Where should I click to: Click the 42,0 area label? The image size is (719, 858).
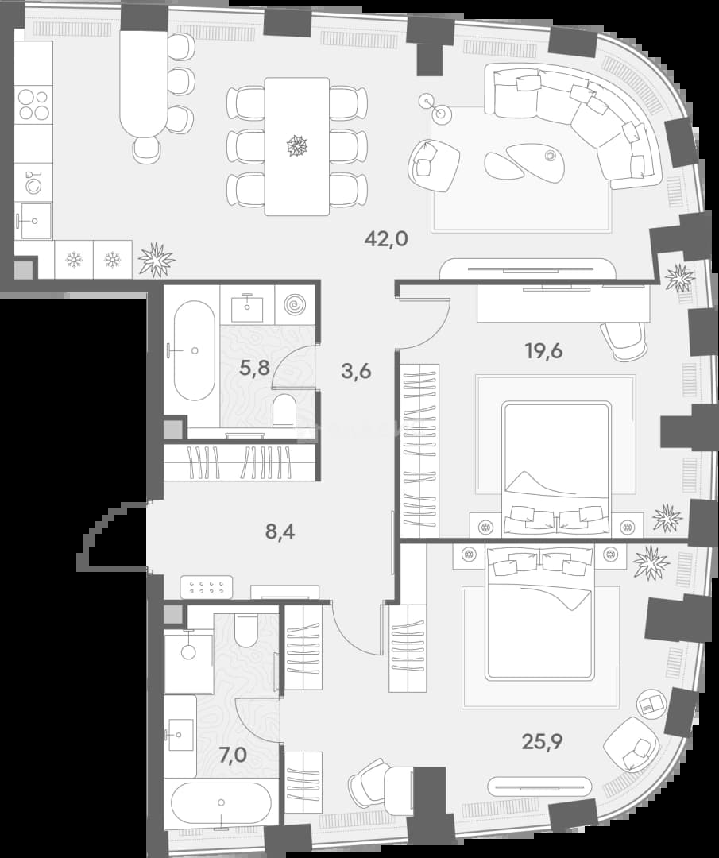click(x=386, y=239)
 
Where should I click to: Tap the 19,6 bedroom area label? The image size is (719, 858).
click(x=544, y=351)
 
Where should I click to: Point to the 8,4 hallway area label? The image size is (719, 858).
click(x=280, y=531)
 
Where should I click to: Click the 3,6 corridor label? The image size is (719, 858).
click(x=356, y=371)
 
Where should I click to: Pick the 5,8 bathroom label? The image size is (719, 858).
click(x=254, y=367)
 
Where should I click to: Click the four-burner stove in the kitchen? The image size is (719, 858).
click(x=33, y=105)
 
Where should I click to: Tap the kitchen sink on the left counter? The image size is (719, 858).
click(x=36, y=221)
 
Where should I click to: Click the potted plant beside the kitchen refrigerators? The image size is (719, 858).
click(x=157, y=259)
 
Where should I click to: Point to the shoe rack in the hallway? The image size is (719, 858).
click(x=207, y=587)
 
